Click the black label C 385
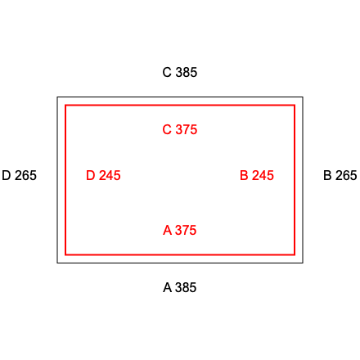[180, 72]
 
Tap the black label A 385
[180, 287]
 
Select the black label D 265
[19, 175]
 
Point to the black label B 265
[340, 175]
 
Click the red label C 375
[180, 129]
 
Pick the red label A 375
[180, 230]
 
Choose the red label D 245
[103, 175]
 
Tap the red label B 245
[257, 175]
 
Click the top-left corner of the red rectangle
[65, 105]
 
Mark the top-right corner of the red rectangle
[295, 105]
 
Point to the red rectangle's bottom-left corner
[65, 254]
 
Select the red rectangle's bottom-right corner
[295, 254]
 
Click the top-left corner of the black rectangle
[57, 97]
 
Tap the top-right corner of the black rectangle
[303, 97]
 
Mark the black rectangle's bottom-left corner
[57, 263]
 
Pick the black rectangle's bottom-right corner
[303, 263]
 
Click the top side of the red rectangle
[180, 105]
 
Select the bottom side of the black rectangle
[180, 263]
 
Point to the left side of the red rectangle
[65, 180]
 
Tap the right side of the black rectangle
[303, 180]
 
